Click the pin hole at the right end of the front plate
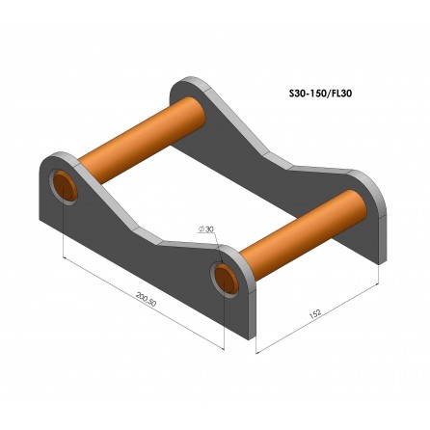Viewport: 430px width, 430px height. tap(226, 277)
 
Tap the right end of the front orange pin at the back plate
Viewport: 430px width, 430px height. tap(362, 200)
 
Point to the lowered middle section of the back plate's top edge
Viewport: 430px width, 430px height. tap(289, 164)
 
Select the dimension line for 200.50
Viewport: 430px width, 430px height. tap(145, 294)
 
